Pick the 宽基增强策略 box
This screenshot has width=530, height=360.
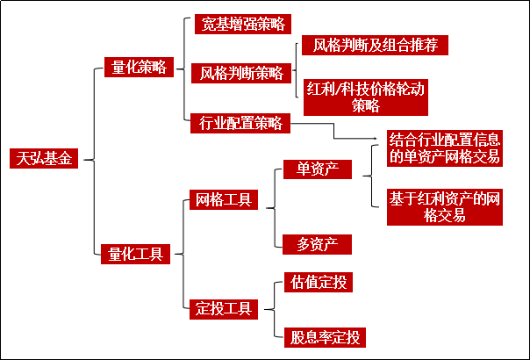coord(241,23)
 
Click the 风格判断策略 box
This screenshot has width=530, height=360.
coord(241,72)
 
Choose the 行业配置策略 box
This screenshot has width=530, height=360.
coord(240,123)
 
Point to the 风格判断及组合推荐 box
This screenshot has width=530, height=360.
coord(369,45)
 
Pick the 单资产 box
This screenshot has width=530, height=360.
coord(318,169)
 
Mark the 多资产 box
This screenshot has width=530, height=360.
coord(318,243)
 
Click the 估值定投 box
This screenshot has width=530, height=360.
coord(318,282)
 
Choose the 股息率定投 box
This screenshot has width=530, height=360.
coord(324,335)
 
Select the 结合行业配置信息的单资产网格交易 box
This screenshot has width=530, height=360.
coord(445,148)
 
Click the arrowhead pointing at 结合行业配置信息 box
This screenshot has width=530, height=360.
coord(379,137)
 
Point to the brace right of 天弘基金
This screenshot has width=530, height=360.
coord(89,159)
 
